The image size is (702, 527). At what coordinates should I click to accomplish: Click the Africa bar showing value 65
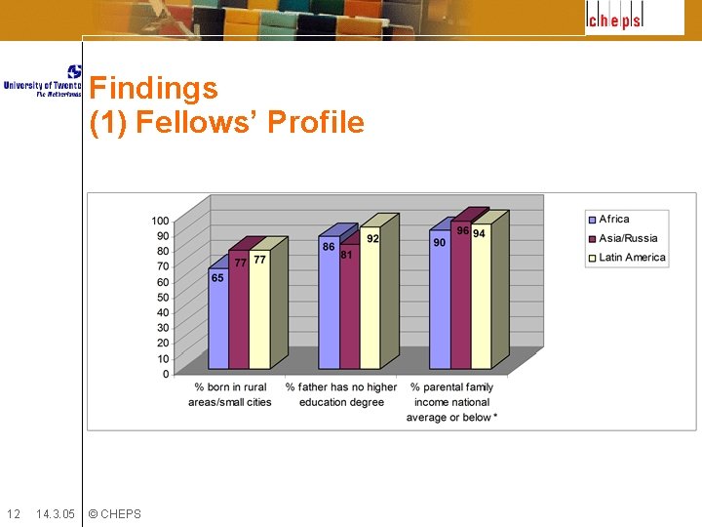coord(217,318)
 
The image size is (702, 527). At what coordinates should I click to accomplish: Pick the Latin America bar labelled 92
coord(370,298)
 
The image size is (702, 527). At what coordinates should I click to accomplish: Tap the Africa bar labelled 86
coord(329,303)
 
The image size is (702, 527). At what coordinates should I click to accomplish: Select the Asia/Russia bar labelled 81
coord(349,306)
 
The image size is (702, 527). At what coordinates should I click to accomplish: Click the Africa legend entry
coord(613,220)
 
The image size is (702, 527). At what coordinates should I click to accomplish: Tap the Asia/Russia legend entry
coord(627,238)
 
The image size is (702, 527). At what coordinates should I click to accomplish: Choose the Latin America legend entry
coord(631,258)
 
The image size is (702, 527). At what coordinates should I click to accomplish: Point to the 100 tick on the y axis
coord(160,221)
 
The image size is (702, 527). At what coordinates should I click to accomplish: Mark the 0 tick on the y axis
coord(166,374)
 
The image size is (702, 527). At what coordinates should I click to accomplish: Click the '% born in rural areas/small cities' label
coord(230,394)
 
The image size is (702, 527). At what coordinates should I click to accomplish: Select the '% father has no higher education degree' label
coord(341,394)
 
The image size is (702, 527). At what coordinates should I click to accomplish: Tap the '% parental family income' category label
coord(452,402)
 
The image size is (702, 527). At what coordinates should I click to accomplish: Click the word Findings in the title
coord(153,89)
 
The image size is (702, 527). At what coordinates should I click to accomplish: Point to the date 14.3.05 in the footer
coord(55,514)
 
